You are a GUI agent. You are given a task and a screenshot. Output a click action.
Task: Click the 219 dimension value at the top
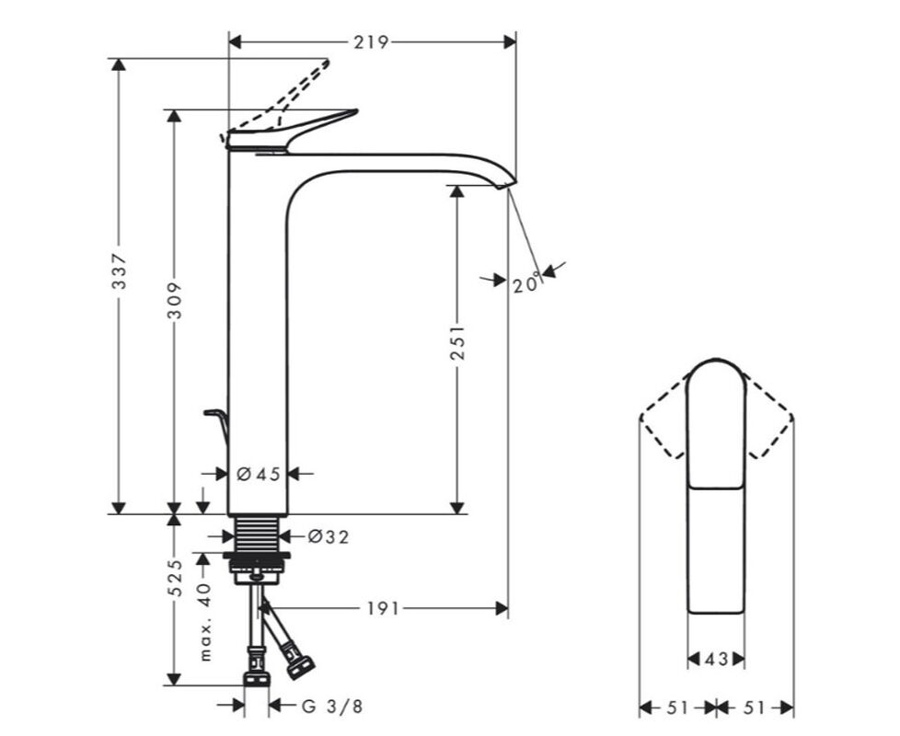click(x=371, y=42)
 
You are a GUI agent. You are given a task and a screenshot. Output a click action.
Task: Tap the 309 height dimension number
click(x=175, y=300)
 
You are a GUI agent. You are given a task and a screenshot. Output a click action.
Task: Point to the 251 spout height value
click(x=456, y=343)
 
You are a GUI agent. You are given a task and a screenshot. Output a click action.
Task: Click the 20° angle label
click(x=527, y=282)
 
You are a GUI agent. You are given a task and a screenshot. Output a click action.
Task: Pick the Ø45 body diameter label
click(x=259, y=474)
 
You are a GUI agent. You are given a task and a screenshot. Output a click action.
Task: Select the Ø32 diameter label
click(x=329, y=537)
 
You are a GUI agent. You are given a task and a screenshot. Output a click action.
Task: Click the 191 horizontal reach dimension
click(x=383, y=608)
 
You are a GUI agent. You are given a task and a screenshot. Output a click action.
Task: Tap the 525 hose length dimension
click(x=175, y=578)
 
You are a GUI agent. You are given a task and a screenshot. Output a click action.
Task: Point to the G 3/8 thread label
click(x=333, y=707)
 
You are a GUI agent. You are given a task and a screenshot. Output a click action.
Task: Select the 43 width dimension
click(x=716, y=660)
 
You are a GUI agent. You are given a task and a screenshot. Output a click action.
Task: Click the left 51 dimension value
click(x=678, y=707)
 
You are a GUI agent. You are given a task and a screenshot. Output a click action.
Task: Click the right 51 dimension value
click(x=755, y=707)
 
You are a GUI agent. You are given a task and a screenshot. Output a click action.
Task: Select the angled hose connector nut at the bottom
click(x=300, y=668)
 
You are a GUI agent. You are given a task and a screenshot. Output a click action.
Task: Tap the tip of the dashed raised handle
click(x=328, y=61)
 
